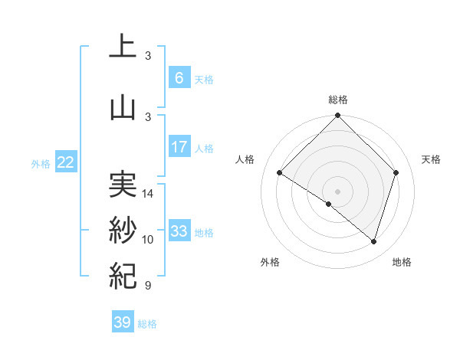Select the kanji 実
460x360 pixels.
pyautogui.click(x=122, y=183)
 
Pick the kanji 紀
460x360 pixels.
pyautogui.click(x=122, y=274)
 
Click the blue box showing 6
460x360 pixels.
pyautogui.click(x=179, y=78)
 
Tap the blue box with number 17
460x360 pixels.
pyautogui.click(x=179, y=147)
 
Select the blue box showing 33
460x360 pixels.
pyautogui.click(x=179, y=231)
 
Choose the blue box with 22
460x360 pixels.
pyautogui.click(x=66, y=162)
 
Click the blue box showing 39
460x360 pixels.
pyautogui.click(x=123, y=322)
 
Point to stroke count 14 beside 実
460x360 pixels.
pyautogui.click(x=149, y=194)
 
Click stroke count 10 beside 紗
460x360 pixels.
pyautogui.click(x=149, y=240)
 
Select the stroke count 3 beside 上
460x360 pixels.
pyautogui.click(x=148, y=55)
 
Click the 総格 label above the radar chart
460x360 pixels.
pyautogui.click(x=338, y=100)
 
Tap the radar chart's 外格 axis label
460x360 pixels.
pyautogui.click(x=270, y=262)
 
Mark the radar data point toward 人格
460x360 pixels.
pyautogui.click(x=280, y=173)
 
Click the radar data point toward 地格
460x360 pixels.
pyautogui.click(x=373, y=241)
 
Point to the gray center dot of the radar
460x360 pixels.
pyautogui.click(x=337, y=190)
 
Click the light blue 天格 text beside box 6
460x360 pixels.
pyautogui.click(x=204, y=79)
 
